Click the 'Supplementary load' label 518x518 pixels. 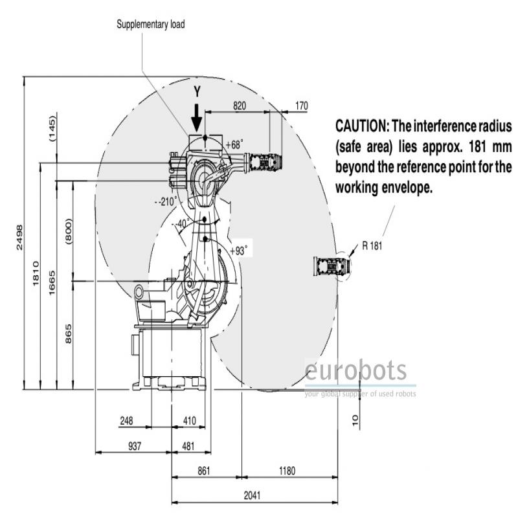[x=151, y=25]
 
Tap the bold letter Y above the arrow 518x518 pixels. [x=197, y=91]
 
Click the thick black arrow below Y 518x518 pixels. [x=197, y=118]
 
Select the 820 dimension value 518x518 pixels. [x=240, y=106]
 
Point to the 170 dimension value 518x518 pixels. [x=301, y=106]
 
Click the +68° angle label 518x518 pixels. [x=234, y=144]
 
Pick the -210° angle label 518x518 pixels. [x=166, y=201]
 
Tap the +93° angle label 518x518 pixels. [x=238, y=251]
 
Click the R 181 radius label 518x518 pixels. [x=372, y=246]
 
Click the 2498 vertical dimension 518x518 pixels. [x=19, y=237]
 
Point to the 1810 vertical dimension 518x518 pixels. [x=36, y=273]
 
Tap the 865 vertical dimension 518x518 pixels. [x=68, y=333]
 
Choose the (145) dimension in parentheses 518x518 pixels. [x=52, y=129]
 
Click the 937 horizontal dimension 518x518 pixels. [x=135, y=446]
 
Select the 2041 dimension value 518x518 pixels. [x=252, y=495]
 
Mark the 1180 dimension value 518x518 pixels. [x=287, y=471]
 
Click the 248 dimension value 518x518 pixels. [x=126, y=421]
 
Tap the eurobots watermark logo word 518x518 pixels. [x=355, y=370]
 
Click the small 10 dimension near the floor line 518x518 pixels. [x=355, y=420]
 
